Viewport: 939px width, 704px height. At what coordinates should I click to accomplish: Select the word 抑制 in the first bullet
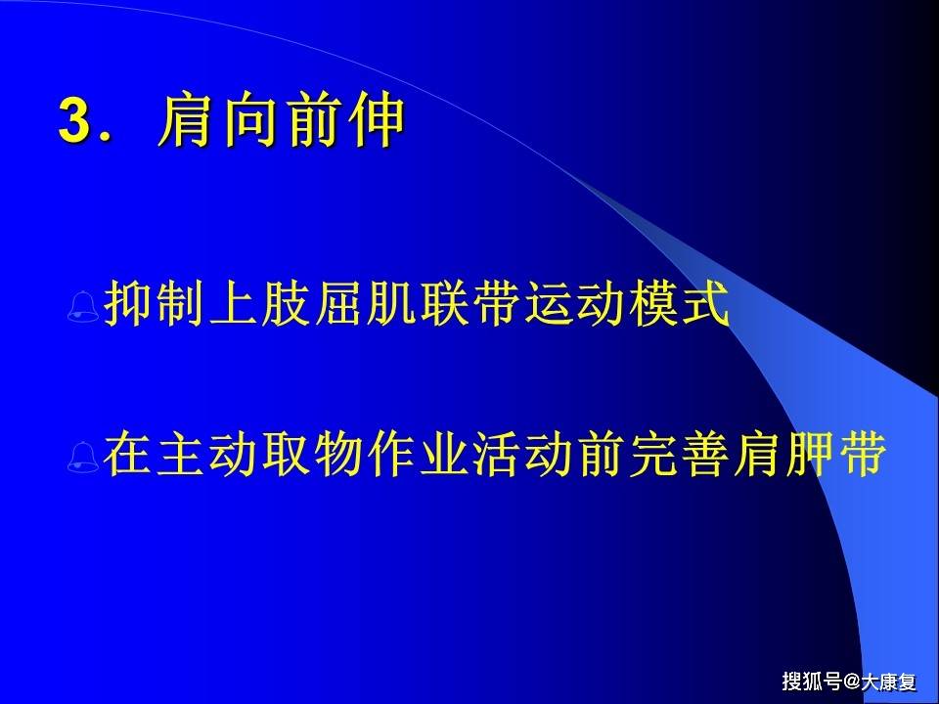coord(156,304)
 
